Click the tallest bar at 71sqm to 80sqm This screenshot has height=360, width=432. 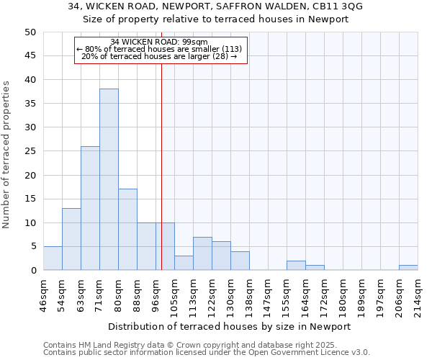109,179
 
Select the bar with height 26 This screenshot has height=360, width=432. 90,208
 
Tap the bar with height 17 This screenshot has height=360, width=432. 127,230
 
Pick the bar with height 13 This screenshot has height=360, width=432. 71,239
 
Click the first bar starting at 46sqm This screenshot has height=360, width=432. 53,258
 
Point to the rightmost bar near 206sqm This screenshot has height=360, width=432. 408,268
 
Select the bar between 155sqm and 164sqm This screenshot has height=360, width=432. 296,266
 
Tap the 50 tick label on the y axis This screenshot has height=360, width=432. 30,32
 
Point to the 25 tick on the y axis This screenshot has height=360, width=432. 30,151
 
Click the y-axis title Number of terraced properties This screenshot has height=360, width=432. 7,155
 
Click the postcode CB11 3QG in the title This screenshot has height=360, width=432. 338,6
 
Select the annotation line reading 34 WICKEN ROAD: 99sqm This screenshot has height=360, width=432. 159,42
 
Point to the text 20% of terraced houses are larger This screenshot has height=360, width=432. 159,56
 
